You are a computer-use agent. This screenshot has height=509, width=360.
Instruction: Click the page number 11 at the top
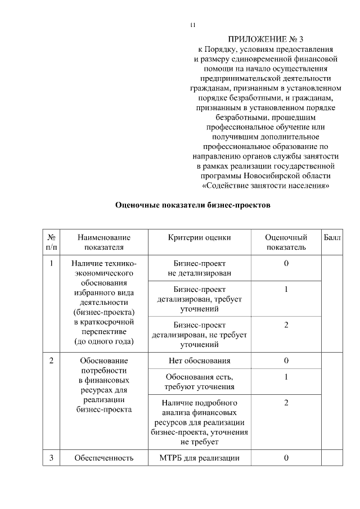(x=193, y=25)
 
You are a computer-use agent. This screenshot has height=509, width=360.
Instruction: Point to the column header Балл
(x=332, y=238)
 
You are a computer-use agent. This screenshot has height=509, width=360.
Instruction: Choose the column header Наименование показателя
(x=104, y=242)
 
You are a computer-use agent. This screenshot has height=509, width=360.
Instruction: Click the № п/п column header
(x=51, y=242)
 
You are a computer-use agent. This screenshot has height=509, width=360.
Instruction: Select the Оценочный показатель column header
(x=286, y=242)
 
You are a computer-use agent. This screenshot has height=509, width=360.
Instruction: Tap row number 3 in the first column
(x=51, y=458)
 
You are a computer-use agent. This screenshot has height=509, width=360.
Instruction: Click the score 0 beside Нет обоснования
(x=286, y=361)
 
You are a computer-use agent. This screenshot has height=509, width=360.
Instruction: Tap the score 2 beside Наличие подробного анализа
(x=286, y=403)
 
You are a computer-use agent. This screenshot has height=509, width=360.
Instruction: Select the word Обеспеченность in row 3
(x=104, y=458)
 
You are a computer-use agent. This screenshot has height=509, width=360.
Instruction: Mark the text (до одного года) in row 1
(x=104, y=341)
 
